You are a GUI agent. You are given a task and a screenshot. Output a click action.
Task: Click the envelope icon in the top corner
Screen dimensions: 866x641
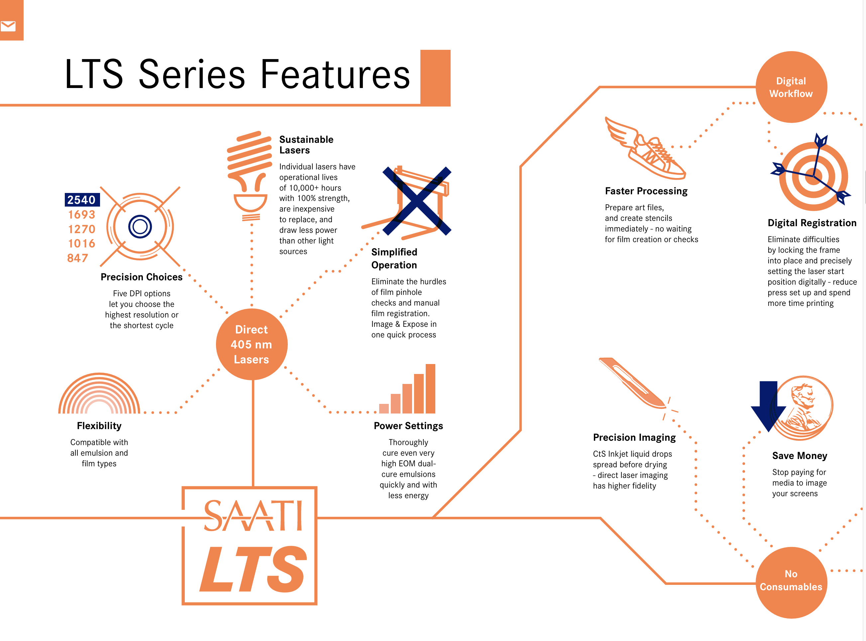coord(8,26)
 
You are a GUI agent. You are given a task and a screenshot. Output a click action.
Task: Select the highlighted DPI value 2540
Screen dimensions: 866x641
coord(82,200)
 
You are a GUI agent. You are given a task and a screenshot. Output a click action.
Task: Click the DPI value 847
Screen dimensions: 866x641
coord(78,258)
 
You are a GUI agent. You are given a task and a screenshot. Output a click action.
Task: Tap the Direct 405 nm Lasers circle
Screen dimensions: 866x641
coord(252,344)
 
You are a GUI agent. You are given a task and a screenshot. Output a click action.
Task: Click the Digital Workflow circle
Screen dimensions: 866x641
coord(791,87)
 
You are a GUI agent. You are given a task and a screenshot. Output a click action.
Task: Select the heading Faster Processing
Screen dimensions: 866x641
coord(646,191)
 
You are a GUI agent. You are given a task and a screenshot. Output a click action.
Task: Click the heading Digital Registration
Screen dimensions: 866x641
coord(812,223)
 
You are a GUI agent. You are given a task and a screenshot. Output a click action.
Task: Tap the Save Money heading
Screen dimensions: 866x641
coord(800,456)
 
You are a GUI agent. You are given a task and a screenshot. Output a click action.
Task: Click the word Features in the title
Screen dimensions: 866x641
coord(335,74)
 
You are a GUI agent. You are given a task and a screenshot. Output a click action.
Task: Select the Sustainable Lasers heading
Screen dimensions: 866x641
coord(306,145)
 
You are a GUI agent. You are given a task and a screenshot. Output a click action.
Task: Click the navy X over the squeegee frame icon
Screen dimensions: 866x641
coord(417,201)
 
